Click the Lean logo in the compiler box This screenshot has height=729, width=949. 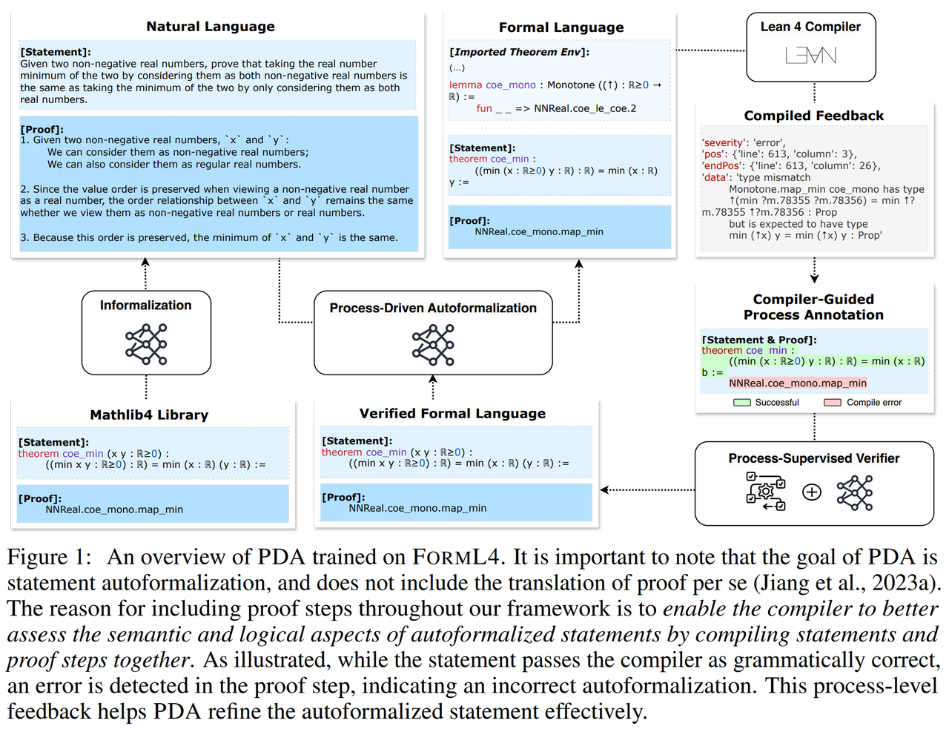(810, 56)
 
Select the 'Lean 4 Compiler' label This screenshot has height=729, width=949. (810, 27)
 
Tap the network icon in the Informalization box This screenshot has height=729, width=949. (146, 344)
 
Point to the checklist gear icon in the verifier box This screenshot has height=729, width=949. (766, 491)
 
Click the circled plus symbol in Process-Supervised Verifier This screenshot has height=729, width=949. (812, 492)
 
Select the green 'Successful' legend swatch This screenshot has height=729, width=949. (741, 403)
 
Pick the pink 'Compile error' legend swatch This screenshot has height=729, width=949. (833, 403)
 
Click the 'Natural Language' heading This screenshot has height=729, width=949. (210, 27)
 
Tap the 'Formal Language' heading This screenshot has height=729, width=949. (561, 27)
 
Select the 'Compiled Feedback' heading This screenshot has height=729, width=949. (813, 116)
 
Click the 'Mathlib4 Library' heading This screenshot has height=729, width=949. (149, 415)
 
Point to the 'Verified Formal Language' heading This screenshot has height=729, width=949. (452, 414)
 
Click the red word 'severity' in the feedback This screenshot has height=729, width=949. (723, 142)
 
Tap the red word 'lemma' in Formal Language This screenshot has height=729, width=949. (465, 85)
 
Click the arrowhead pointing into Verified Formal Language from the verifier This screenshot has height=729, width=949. (604, 489)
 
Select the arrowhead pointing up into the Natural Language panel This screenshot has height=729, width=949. (145, 262)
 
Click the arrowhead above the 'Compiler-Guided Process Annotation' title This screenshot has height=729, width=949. (814, 279)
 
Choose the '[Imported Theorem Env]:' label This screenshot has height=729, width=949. (519, 52)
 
